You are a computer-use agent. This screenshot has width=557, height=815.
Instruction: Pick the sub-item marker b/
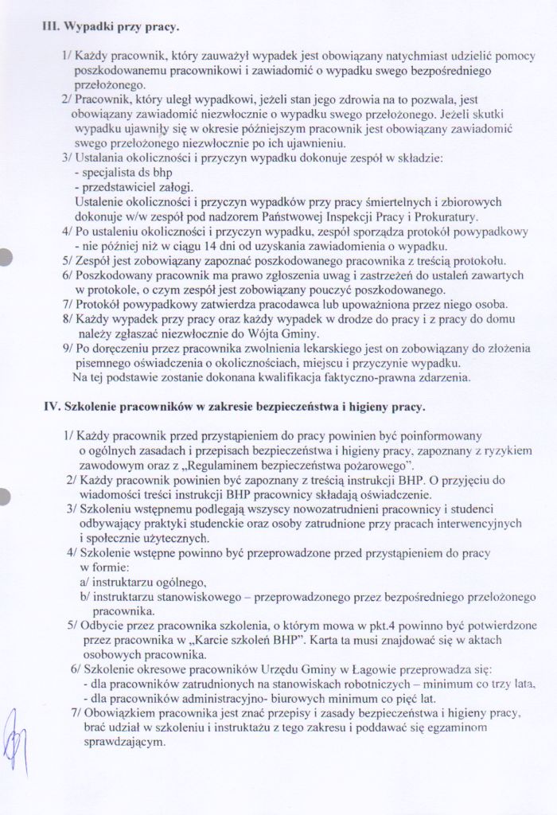tap(84, 597)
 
